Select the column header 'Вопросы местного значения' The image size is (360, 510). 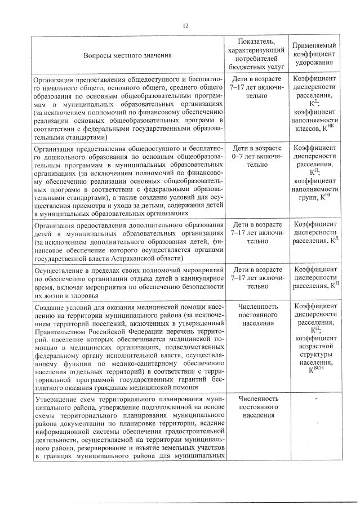click(128, 56)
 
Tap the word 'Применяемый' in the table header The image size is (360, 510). click(314, 45)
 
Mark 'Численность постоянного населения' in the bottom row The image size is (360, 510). click(256, 407)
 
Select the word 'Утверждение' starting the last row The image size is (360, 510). click(54, 398)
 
